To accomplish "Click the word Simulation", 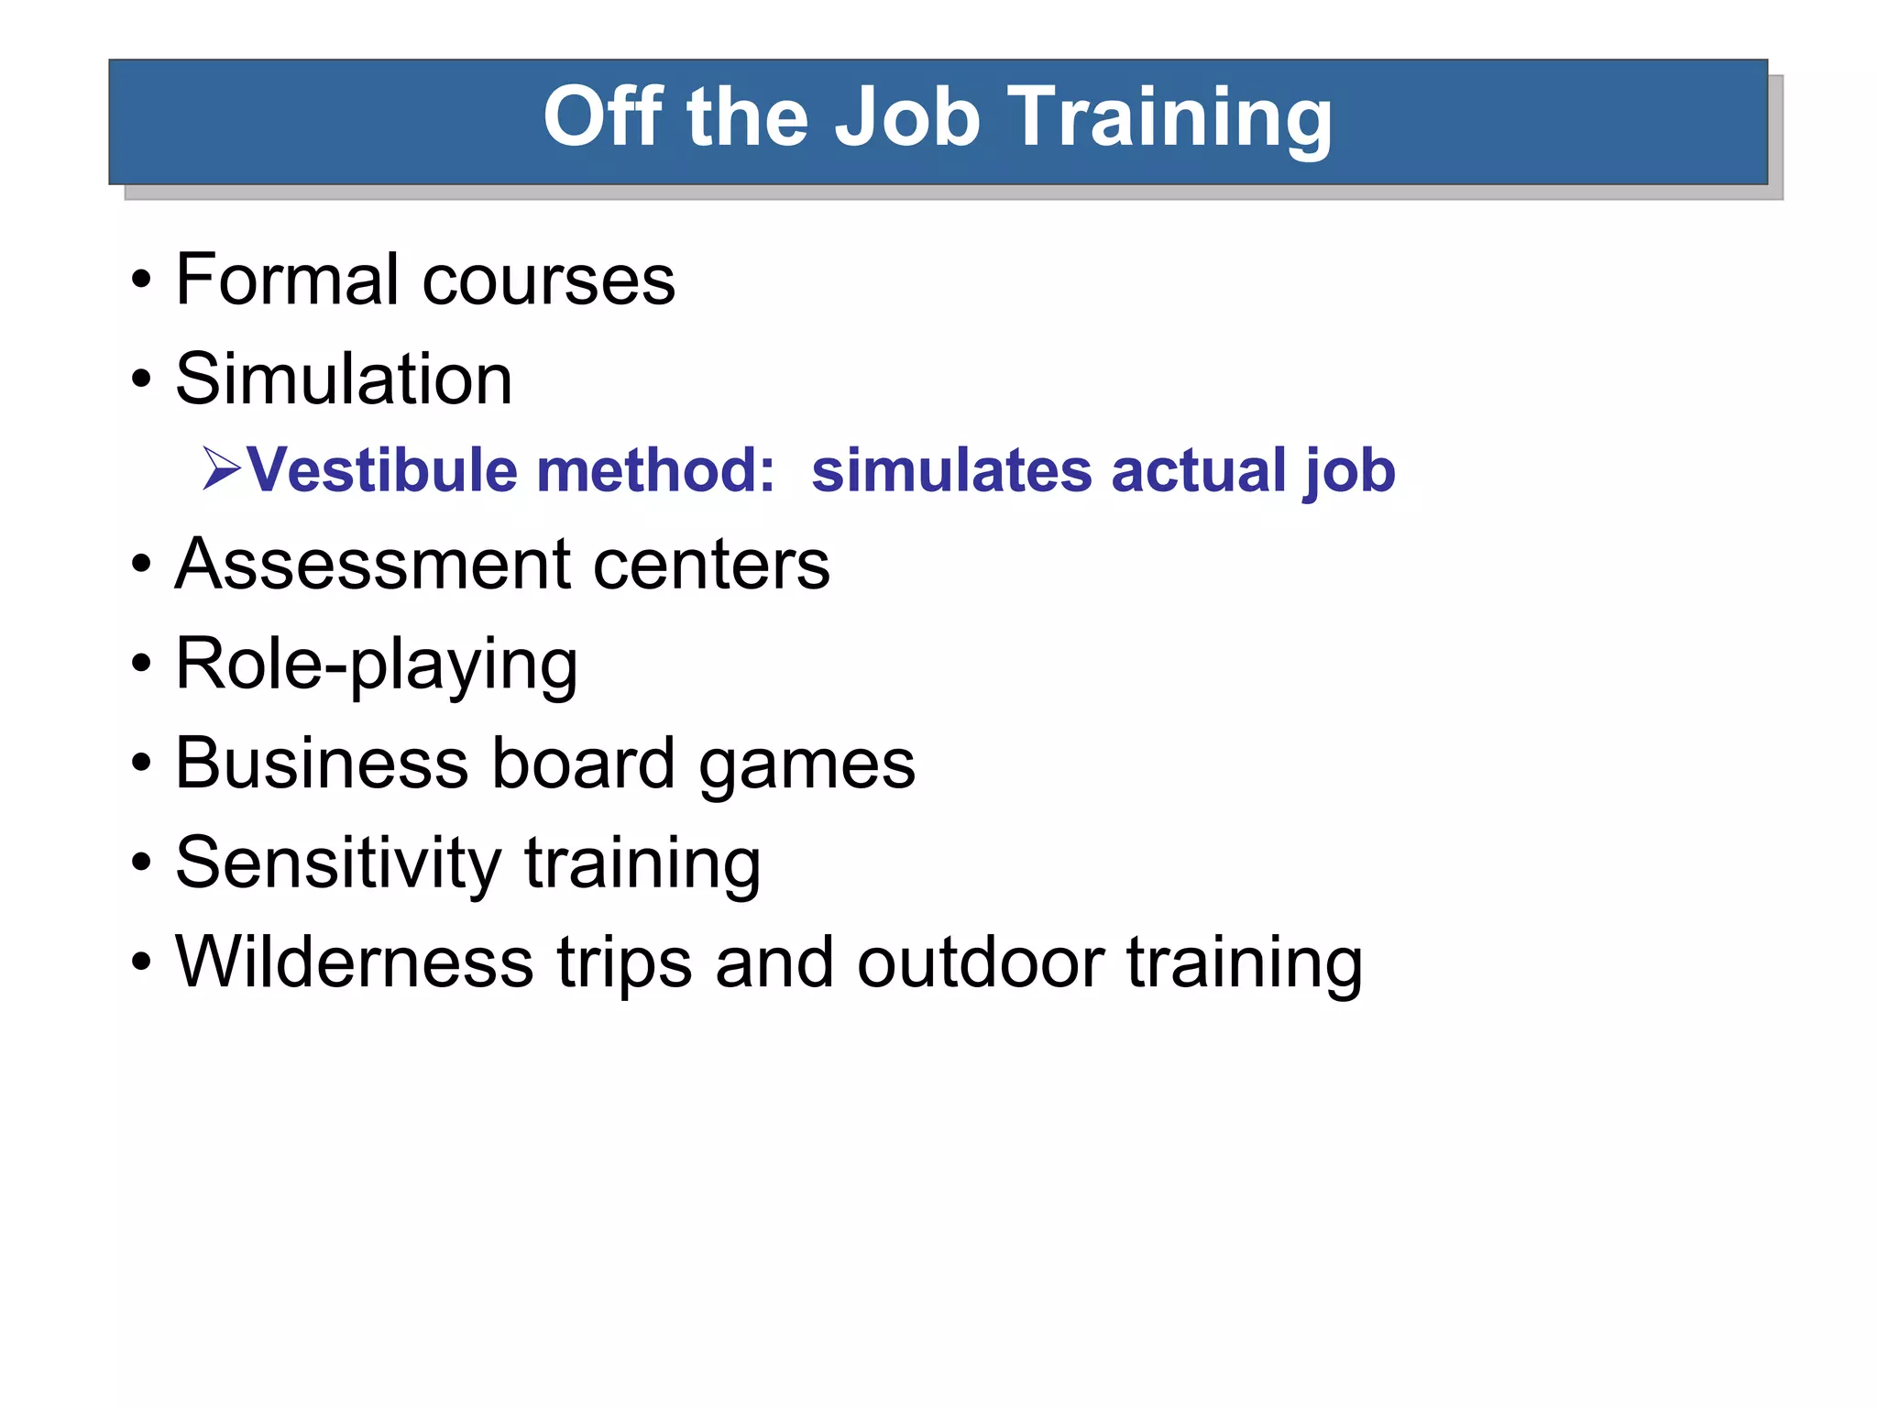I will tap(344, 379).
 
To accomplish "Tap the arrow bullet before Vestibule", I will tap(221, 469).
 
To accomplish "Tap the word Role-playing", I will tap(376, 665).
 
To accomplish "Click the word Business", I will tap(322, 763).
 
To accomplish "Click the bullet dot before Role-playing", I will tap(140, 663).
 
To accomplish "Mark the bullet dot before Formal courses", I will tap(140, 280).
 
